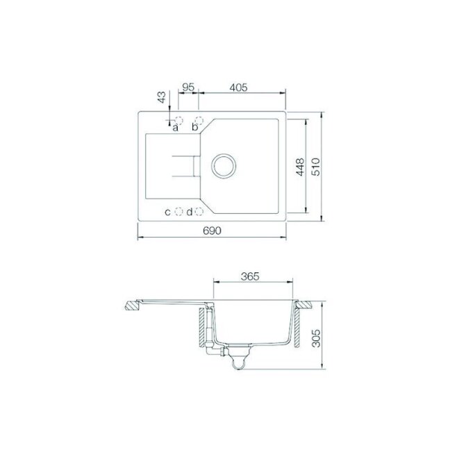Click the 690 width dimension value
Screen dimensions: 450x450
[212, 231]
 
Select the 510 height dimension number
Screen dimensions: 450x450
[316, 167]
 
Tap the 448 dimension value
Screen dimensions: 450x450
[300, 167]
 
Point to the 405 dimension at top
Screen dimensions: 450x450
[238, 87]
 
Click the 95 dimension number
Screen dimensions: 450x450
[188, 87]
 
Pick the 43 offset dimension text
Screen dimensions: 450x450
[162, 97]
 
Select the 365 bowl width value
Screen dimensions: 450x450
[250, 276]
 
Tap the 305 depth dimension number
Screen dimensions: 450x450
[316, 338]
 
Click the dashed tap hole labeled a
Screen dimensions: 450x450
[178, 119]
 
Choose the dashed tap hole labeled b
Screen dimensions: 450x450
[199, 119]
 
